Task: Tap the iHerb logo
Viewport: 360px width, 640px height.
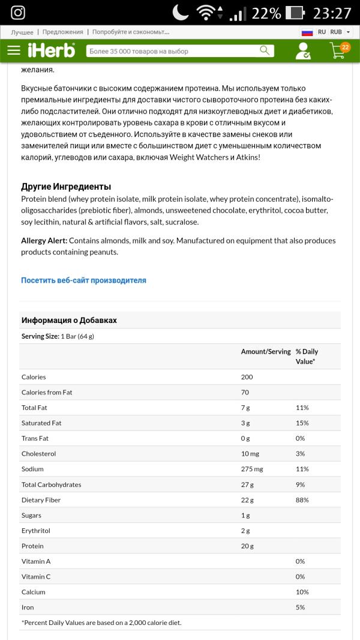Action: point(52,51)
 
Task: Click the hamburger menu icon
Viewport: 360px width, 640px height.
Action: point(14,51)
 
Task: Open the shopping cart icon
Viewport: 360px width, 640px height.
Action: point(338,51)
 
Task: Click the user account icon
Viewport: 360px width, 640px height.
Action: point(303,52)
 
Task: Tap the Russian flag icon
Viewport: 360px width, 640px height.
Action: point(307,32)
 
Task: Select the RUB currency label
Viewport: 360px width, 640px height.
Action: point(336,32)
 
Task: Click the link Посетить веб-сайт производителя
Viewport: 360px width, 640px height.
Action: point(83,280)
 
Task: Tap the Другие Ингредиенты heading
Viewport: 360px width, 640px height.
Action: point(66,187)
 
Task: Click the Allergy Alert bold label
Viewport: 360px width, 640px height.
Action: point(44,241)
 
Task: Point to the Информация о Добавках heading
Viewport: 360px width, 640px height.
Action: point(69,321)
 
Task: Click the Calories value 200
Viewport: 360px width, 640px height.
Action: point(247,377)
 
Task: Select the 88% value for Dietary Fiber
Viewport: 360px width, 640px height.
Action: point(302,500)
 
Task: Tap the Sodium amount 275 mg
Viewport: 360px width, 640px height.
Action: point(252,469)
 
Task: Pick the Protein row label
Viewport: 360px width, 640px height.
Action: point(32,546)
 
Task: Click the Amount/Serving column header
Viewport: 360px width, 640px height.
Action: point(266,352)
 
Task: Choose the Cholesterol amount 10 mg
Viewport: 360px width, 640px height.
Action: point(249,454)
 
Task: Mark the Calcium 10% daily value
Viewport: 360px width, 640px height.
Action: point(301,592)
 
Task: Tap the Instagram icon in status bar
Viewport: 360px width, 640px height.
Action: point(18,13)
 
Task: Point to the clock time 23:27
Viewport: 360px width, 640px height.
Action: point(332,13)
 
